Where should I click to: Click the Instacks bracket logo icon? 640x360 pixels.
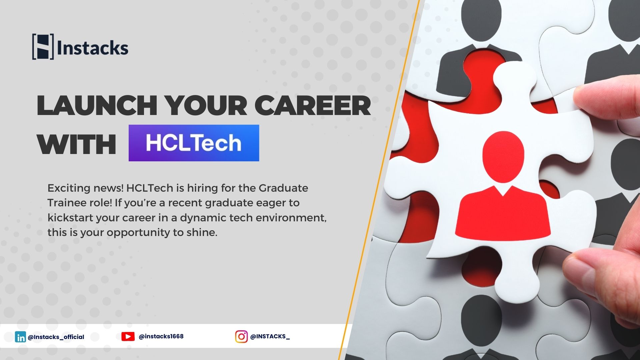tap(43, 47)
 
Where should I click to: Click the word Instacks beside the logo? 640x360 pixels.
tap(93, 48)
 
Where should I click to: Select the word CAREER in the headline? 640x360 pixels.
tap(313, 105)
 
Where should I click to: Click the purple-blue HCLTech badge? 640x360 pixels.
tap(194, 143)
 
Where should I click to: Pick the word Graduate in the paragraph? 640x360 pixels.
tap(283, 188)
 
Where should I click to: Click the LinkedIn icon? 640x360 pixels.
tap(20, 337)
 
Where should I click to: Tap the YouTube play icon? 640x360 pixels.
tap(128, 337)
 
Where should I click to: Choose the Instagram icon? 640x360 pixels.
tap(241, 337)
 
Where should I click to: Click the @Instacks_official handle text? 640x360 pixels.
tap(56, 337)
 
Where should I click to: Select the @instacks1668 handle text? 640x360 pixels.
tap(161, 336)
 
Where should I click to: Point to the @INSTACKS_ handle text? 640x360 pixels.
tap(270, 337)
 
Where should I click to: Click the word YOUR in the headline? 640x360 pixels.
tap(206, 105)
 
